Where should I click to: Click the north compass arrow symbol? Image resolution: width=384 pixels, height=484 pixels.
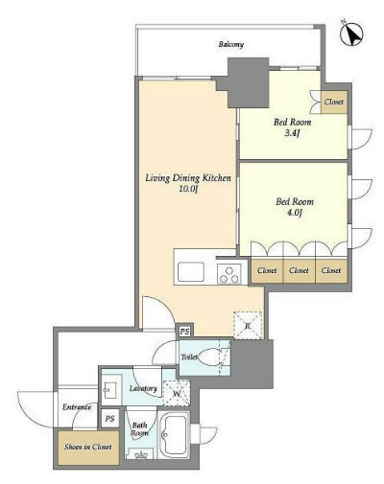click(x=351, y=34)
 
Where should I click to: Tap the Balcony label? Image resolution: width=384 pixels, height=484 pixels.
click(x=231, y=44)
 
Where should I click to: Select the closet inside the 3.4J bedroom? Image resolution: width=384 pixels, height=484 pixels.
click(x=334, y=102)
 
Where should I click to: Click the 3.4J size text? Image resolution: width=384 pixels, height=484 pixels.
click(x=292, y=133)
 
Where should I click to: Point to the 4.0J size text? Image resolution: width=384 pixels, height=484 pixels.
click(x=294, y=213)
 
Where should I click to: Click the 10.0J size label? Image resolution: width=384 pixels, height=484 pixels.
click(x=188, y=189)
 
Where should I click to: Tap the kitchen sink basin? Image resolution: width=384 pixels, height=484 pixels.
click(x=191, y=271)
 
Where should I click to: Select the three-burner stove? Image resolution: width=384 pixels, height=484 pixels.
click(x=228, y=274)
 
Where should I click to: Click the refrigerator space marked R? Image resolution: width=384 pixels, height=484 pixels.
click(x=248, y=325)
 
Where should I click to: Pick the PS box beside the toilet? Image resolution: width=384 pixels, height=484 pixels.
click(x=184, y=332)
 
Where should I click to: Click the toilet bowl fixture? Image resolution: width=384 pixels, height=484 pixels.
click(x=211, y=357)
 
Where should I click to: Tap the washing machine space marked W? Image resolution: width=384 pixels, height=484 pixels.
click(x=177, y=393)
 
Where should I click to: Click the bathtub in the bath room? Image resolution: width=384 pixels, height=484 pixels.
click(x=174, y=435)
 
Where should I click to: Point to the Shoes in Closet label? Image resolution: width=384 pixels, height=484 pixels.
click(x=88, y=447)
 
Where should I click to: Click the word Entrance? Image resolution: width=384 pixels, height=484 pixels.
click(x=77, y=407)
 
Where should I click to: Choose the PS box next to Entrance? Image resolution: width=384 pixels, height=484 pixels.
click(x=109, y=418)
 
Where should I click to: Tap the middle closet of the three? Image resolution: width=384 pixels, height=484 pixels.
click(x=300, y=271)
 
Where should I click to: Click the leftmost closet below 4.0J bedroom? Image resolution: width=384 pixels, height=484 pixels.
click(x=267, y=271)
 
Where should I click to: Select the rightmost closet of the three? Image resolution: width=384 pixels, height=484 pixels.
click(x=331, y=271)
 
